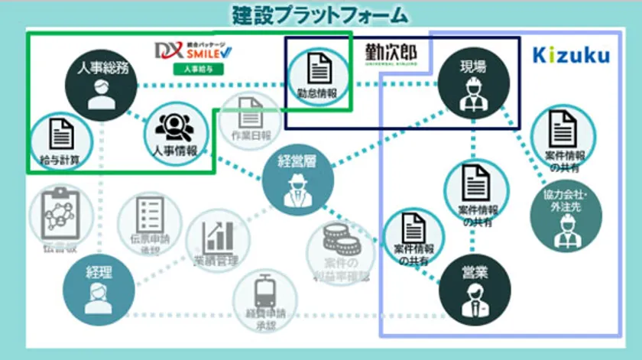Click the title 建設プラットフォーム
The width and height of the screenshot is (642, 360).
pos(320,15)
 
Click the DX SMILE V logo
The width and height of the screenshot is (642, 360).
pos(193,51)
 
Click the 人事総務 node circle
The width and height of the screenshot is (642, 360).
pos(96,85)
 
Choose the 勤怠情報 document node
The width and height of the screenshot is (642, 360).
pos(317,78)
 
